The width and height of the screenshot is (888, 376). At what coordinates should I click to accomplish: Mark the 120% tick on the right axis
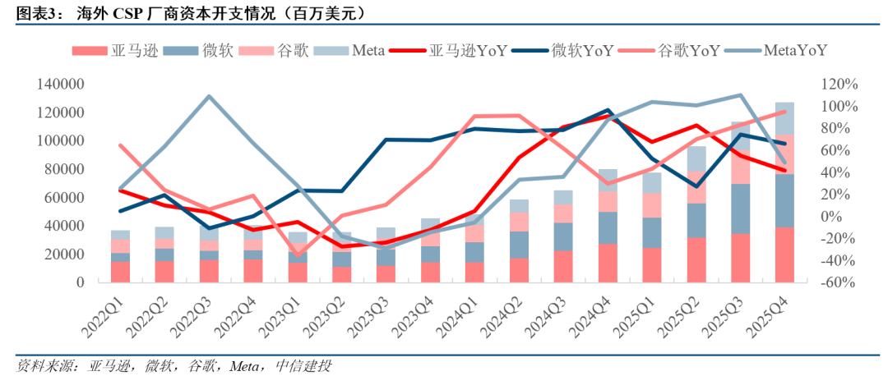pyautogui.click(x=838, y=85)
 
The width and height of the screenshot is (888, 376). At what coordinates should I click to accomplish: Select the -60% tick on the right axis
pyautogui.click(x=838, y=282)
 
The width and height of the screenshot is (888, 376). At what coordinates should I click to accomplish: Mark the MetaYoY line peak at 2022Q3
pyautogui.click(x=208, y=96)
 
